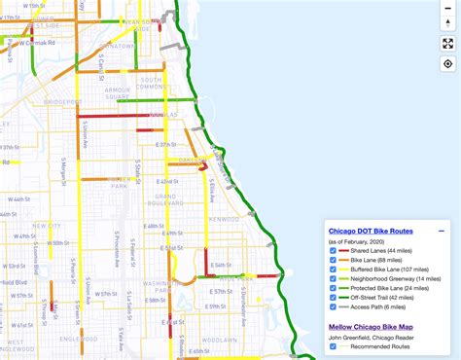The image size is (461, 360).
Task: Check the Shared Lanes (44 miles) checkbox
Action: (x=333, y=252)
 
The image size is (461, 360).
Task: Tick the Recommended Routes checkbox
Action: (x=333, y=345)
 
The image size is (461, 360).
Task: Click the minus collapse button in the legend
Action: (x=441, y=232)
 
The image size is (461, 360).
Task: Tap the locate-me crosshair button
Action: (x=448, y=64)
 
